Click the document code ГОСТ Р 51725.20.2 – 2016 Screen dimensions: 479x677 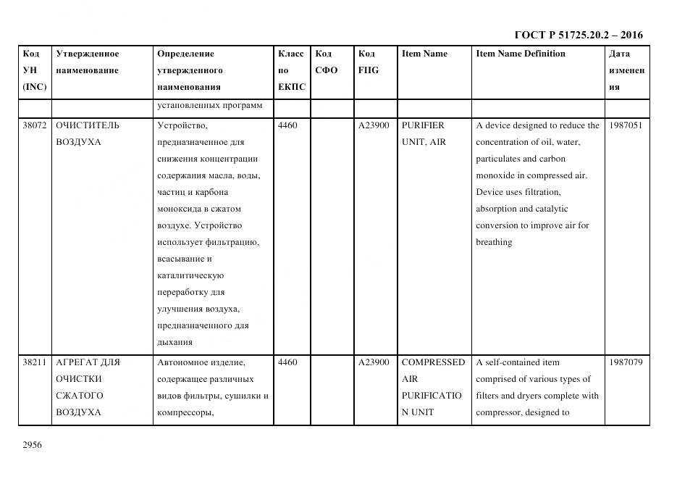(x=578, y=35)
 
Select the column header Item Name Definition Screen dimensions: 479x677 (x=521, y=54)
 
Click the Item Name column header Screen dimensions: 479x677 (x=424, y=54)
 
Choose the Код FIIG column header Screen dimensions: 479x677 (x=368, y=62)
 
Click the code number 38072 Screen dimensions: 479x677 (x=35, y=125)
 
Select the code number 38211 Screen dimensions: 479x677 (x=35, y=362)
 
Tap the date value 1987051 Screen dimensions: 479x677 (x=626, y=125)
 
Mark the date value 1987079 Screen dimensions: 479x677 (x=626, y=362)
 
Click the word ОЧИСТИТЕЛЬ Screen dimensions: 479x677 (x=88, y=125)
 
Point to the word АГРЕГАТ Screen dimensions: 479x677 (x=76, y=362)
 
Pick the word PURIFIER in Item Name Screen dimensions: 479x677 (x=423, y=125)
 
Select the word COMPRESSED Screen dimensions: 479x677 (x=433, y=362)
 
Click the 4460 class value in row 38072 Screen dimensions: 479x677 (x=287, y=125)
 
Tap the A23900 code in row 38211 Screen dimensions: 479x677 (x=374, y=362)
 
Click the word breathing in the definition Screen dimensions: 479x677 (x=494, y=243)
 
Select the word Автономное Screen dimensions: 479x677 (x=181, y=362)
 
